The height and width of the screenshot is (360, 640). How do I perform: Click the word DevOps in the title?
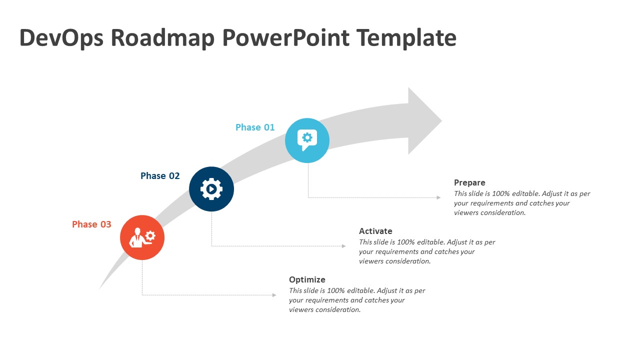click(x=60, y=38)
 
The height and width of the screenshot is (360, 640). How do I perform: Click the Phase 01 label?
click(x=255, y=127)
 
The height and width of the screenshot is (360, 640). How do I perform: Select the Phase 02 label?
click(x=160, y=176)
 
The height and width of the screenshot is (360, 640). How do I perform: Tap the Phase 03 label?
click(x=91, y=224)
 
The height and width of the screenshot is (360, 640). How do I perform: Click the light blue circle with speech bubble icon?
click(x=307, y=140)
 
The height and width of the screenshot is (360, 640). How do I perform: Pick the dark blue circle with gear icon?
click(x=211, y=189)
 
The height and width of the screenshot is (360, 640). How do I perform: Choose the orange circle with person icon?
click(x=142, y=237)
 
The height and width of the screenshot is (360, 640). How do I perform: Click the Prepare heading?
click(x=469, y=183)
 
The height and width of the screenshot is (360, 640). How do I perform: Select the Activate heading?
click(x=375, y=231)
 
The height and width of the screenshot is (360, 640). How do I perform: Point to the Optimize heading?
click(x=307, y=280)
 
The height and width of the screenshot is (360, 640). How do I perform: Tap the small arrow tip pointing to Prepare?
click(x=438, y=197)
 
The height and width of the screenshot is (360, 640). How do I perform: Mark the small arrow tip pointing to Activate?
click(x=343, y=246)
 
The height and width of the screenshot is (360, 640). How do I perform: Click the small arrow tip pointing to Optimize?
click(x=274, y=295)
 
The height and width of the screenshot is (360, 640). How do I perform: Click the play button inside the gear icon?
click(x=212, y=189)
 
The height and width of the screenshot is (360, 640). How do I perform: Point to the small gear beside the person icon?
click(x=150, y=235)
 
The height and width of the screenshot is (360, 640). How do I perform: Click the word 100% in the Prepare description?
click(x=501, y=193)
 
